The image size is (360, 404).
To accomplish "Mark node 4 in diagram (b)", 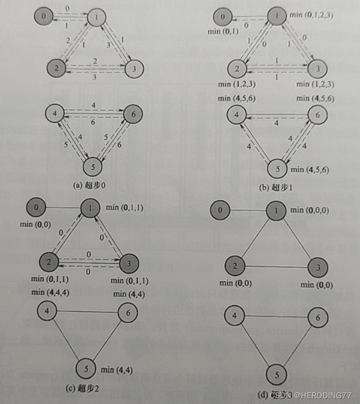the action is pyautogui.click(x=237, y=115).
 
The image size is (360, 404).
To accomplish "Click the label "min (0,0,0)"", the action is pyautogui.click(x=310, y=210).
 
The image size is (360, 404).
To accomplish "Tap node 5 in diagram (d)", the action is pyautogui.click(x=277, y=375).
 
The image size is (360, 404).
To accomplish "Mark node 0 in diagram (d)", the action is pyautogui.click(x=220, y=211).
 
